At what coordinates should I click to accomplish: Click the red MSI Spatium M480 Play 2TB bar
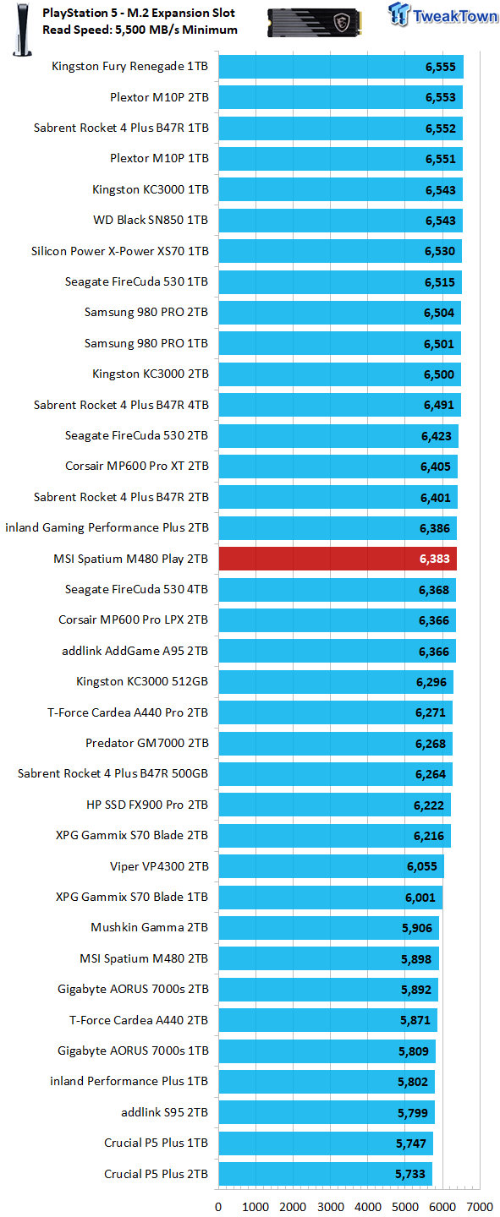(338, 559)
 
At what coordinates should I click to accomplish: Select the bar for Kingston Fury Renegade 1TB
(341, 66)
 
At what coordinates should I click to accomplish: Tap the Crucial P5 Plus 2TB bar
(326, 1174)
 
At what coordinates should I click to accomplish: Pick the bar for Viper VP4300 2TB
(332, 866)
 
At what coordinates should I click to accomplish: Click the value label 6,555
(441, 67)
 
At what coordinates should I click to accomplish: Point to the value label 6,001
(420, 898)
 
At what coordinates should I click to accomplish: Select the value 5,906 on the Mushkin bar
(417, 928)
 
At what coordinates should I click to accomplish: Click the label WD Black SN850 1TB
(151, 220)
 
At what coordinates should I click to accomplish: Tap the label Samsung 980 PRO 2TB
(146, 313)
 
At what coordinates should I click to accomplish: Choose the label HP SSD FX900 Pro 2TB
(147, 805)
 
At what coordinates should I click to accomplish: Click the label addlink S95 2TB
(165, 1112)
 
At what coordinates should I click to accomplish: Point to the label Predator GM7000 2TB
(147, 743)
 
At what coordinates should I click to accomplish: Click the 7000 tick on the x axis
(480, 1207)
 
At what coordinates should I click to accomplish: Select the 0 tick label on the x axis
(218, 1207)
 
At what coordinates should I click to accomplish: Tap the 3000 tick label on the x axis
(330, 1207)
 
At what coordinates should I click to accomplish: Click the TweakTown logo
(442, 14)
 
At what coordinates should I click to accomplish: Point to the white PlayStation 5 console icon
(22, 30)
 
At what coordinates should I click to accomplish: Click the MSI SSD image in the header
(315, 23)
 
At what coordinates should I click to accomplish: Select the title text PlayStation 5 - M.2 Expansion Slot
(139, 13)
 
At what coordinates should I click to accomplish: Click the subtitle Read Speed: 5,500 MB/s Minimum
(140, 30)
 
